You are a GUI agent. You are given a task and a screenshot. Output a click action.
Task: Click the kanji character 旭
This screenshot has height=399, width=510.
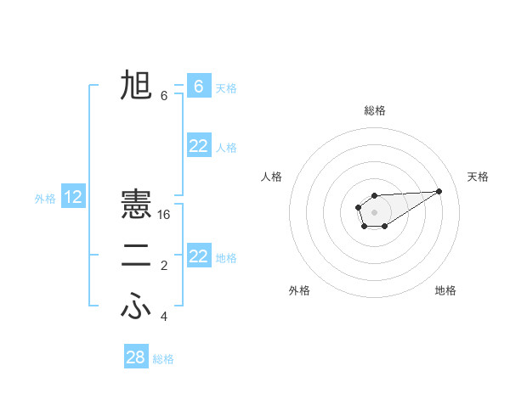136,86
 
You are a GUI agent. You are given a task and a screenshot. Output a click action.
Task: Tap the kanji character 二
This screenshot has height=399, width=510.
136,257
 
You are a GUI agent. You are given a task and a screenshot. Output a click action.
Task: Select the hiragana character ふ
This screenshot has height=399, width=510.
136,306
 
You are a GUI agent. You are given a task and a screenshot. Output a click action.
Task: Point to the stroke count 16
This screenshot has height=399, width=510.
164,215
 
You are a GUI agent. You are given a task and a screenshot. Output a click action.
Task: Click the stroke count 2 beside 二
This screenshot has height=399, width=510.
164,266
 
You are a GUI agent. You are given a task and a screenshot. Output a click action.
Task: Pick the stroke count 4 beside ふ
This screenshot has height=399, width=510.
164,317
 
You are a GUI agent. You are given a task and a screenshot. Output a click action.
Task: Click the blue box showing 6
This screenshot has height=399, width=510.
198,86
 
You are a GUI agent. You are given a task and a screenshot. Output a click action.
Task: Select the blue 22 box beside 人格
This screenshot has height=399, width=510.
198,146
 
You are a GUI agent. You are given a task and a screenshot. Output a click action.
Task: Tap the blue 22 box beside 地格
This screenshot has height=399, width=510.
198,256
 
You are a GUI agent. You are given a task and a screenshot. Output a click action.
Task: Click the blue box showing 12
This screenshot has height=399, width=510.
73,198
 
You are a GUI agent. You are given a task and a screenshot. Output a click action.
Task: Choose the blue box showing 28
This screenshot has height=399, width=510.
136,357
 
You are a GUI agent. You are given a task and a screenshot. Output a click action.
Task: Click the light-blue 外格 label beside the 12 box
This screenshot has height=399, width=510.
45,199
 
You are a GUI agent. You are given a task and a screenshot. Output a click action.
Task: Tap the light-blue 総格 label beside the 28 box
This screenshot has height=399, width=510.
163,359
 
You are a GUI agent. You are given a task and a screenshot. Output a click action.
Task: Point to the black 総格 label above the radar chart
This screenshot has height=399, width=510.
374,110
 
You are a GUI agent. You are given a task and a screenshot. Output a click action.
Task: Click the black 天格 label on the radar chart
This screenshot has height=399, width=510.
478,177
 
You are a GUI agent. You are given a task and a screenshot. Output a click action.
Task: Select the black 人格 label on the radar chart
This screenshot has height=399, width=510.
271,177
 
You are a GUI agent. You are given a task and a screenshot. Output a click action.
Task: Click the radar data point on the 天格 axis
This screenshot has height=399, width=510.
439,190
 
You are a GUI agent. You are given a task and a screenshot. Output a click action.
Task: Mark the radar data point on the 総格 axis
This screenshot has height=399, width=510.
374,196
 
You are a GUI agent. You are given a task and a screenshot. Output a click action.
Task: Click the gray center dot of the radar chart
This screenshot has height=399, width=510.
374,211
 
